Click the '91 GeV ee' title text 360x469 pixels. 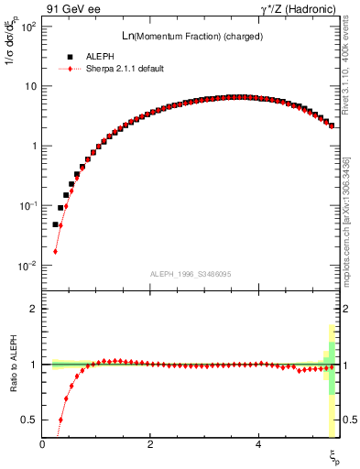click(x=72, y=9)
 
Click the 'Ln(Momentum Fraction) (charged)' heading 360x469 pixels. click(x=189, y=36)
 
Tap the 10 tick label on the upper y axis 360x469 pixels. click(x=31, y=86)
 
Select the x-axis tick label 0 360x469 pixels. click(x=42, y=444)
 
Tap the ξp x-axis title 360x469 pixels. click(x=334, y=455)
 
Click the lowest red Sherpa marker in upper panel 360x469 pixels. click(x=56, y=251)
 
